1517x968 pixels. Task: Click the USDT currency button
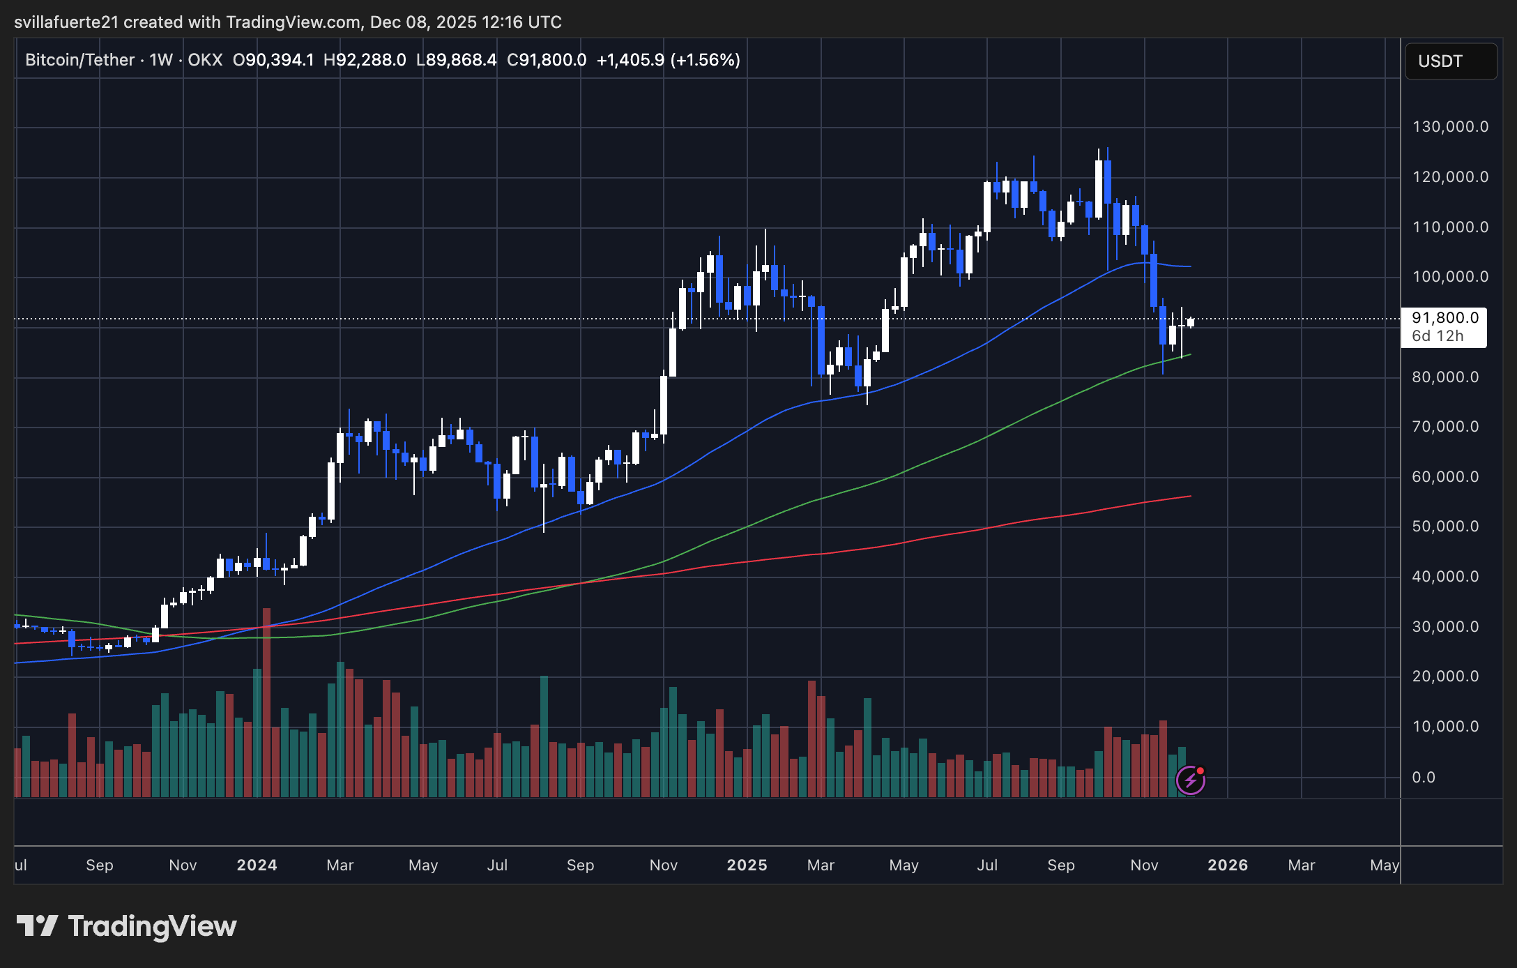tap(1450, 61)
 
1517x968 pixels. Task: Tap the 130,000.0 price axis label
tap(1450, 127)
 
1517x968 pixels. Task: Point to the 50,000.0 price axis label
tap(1445, 527)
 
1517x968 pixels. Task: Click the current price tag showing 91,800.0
tap(1445, 318)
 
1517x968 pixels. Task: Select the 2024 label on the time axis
tap(257, 865)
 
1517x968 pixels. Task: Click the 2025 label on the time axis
tap(747, 865)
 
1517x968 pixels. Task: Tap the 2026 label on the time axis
tap(1228, 865)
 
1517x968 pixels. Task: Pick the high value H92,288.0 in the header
tap(365, 60)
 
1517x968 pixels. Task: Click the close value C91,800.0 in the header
tap(547, 60)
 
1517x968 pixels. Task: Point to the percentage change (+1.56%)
tap(705, 60)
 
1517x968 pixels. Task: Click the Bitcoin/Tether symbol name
tap(79, 60)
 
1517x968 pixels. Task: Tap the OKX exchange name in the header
tap(205, 60)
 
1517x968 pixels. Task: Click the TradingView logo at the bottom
tap(126, 926)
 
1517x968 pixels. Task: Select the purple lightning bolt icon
tap(1190, 780)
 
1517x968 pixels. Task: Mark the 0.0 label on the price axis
tap(1423, 778)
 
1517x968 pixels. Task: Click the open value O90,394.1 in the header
tap(273, 60)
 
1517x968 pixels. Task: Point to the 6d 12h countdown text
tap(1438, 336)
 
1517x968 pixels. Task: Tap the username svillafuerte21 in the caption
tap(66, 22)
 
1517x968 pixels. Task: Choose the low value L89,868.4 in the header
tap(456, 60)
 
